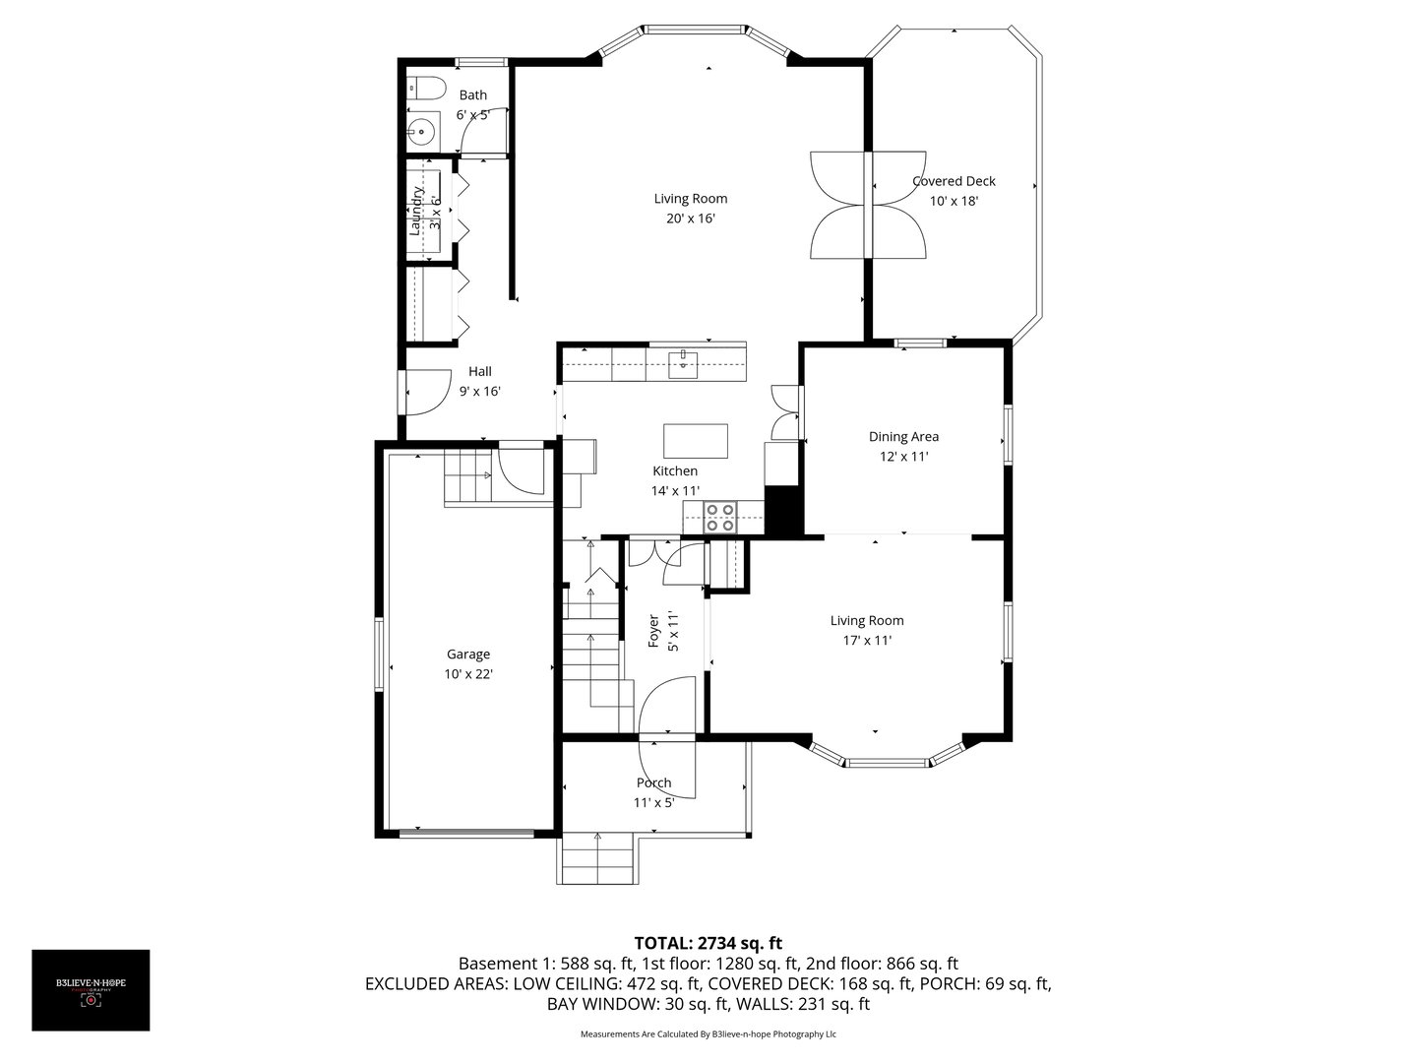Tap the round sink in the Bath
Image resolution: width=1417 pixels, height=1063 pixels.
pos(423,129)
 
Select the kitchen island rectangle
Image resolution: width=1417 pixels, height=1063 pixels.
pos(696,440)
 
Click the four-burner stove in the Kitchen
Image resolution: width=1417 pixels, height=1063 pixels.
pos(720,517)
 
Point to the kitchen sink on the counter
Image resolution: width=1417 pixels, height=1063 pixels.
pos(683,363)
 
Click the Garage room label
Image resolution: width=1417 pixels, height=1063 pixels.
pos(468,655)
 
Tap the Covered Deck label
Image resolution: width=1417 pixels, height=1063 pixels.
pos(954,181)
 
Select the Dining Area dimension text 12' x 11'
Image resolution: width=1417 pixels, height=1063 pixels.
pos(903,457)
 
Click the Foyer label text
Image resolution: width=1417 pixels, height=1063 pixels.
pos(653,631)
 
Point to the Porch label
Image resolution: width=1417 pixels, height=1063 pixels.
pos(653,783)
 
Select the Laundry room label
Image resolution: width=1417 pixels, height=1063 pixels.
pos(415,215)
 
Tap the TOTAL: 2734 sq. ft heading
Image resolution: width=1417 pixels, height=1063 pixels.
pos(708,942)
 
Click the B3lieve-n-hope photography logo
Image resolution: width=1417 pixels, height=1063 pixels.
pos(91,990)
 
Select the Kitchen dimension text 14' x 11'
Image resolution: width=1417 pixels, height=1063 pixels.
pos(675,490)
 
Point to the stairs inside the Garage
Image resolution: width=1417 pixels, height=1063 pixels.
pos(468,476)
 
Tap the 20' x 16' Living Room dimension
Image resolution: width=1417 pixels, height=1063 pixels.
pos(690,219)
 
